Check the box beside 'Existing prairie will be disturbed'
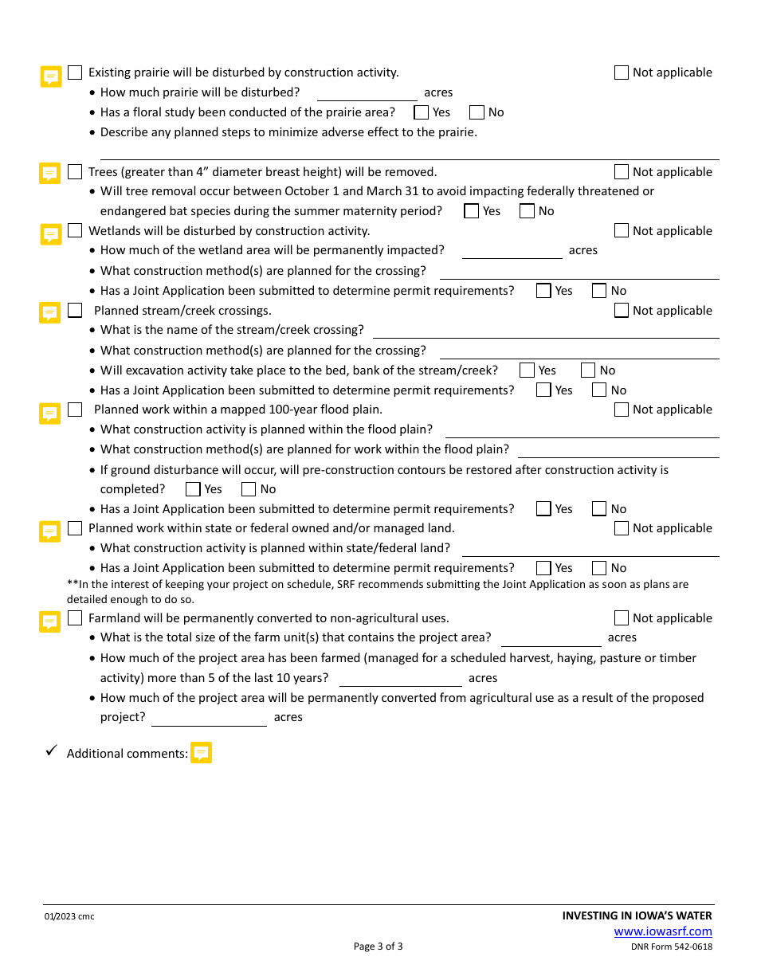pyautogui.click(x=75, y=73)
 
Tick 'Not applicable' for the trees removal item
pyautogui.click(x=622, y=172)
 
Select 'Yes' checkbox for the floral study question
pyautogui.click(x=422, y=112)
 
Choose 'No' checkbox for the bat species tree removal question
pyautogui.click(x=527, y=211)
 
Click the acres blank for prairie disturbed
pyautogui.click(x=367, y=93)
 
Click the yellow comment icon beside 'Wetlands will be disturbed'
pyautogui.click(x=51, y=233)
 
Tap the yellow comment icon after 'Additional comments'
pyautogui.click(x=202, y=753)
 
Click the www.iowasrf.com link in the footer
pyautogui.click(x=663, y=931)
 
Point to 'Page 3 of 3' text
pyautogui.click(x=378, y=947)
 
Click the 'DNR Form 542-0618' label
pyautogui.click(x=672, y=947)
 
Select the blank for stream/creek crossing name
pyautogui.click(x=546, y=330)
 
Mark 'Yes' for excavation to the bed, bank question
pyautogui.click(x=527, y=370)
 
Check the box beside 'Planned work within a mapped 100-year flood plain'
pyautogui.click(x=75, y=410)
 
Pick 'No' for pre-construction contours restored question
pyautogui.click(x=249, y=489)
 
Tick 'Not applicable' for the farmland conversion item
pyautogui.click(x=622, y=618)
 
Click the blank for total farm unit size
pyautogui.click(x=551, y=638)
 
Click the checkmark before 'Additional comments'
pyautogui.click(x=51, y=751)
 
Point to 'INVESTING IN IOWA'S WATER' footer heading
pyautogui.click(x=637, y=915)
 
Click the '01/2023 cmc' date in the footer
pyautogui.click(x=69, y=916)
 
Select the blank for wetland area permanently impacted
pyautogui.click(x=512, y=251)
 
